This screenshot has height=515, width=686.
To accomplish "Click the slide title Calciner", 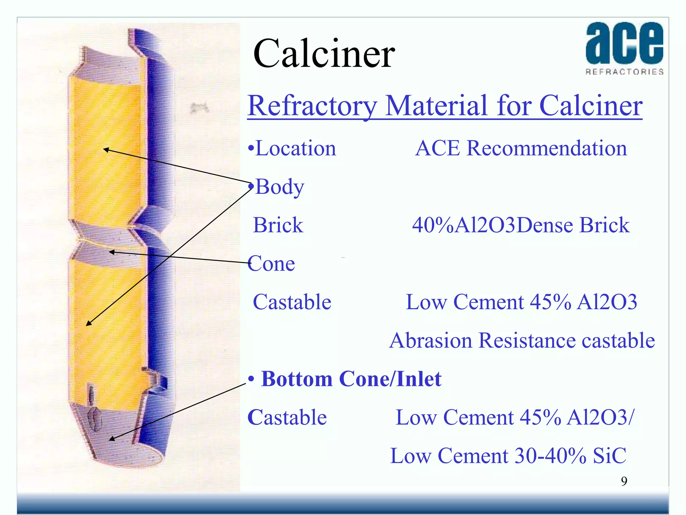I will (324, 54).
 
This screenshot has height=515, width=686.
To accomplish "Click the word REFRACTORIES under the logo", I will (624, 72).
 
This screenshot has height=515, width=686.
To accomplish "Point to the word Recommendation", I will (547, 148).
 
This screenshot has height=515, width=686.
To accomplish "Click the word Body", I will (280, 187).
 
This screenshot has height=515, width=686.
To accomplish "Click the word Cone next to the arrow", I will (272, 264).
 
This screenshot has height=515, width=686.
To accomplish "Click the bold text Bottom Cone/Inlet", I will (351, 379).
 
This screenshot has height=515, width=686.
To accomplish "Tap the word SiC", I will (609, 456).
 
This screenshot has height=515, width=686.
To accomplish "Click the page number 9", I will (624, 481).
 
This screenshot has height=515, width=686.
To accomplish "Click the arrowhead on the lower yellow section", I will (88, 324).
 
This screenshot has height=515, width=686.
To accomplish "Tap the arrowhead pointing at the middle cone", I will (112, 252).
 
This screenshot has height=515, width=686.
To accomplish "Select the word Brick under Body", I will (278, 225).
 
